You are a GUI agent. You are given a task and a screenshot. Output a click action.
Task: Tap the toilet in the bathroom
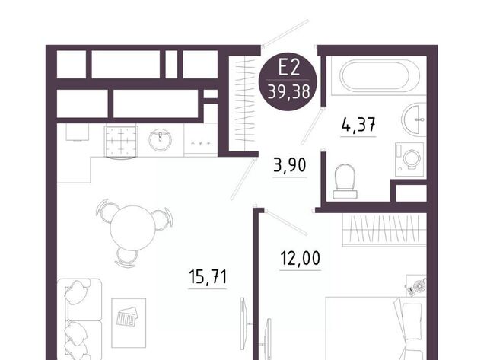pos(345,181)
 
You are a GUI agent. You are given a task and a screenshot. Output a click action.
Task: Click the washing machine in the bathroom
pos(409,159)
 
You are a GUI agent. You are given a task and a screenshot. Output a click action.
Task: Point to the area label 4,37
pos(358,125)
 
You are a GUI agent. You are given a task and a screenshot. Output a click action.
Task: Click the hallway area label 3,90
pos(290,165)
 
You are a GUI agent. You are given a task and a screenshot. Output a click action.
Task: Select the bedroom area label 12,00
pos(300,259)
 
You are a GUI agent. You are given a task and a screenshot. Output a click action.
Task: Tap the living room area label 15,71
pos(208,276)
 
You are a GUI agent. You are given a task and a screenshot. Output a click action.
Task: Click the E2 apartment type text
pos(288,67)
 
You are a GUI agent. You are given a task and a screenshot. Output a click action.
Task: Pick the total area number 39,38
pos(289,91)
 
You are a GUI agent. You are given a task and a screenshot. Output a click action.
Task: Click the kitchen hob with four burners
pos(121,142)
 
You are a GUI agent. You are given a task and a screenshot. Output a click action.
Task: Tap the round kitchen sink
pos(160,140)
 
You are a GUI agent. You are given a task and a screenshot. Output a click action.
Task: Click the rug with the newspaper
pos(129,323)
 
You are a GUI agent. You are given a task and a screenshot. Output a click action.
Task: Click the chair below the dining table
pos(126,257)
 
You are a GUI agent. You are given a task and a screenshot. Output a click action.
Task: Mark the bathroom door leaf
pos(312,126)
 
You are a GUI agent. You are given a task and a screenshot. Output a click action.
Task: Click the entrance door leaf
pos(285,33)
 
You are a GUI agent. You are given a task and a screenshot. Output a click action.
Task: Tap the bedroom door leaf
pos(286,222)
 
